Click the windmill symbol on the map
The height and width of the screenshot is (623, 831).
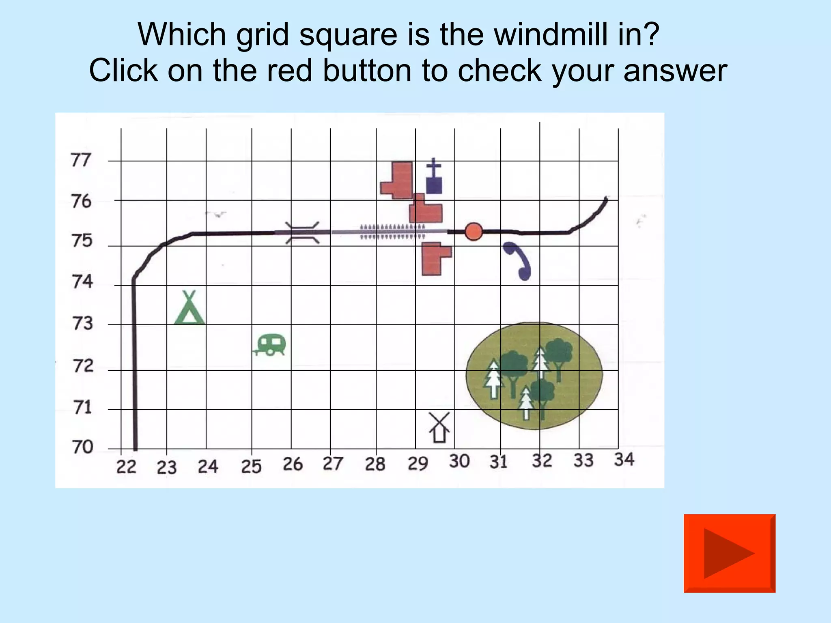point(439,428)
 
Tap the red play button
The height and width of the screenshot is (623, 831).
point(729,553)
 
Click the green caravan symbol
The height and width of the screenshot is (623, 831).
point(271,345)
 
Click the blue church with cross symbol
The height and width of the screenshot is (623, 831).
point(434,177)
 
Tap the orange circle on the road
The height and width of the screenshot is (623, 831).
point(473,232)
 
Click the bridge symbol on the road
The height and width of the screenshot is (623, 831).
point(302,233)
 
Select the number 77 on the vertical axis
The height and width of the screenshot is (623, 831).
point(80,160)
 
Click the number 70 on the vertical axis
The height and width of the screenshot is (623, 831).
point(83,447)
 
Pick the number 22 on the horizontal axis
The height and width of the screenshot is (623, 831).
point(126,467)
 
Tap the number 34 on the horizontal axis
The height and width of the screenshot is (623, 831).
point(624,460)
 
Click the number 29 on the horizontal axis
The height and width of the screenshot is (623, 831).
point(418,463)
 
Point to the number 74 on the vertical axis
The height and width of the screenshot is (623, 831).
point(82,281)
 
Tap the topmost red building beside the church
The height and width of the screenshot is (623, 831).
point(398,180)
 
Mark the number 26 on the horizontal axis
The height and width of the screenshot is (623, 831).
point(293,464)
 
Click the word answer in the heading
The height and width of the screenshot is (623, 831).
point(675,71)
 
